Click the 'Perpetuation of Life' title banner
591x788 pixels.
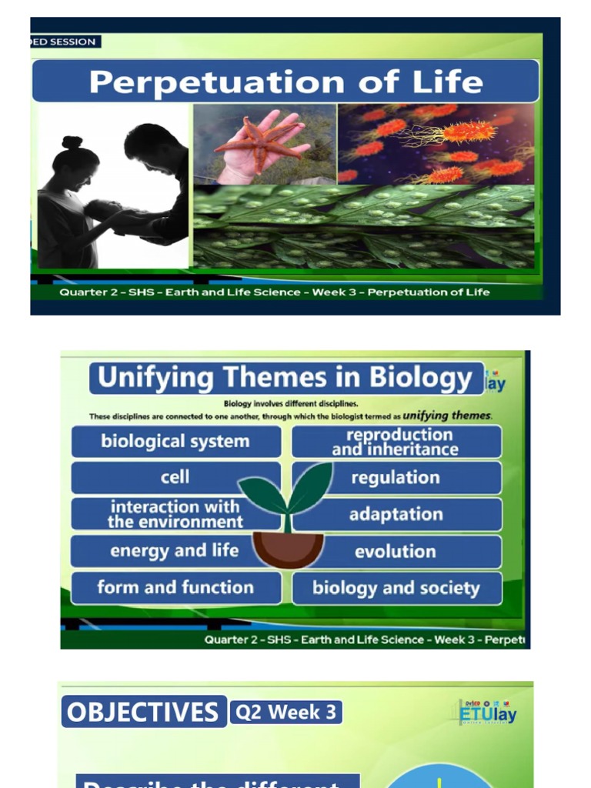[x=285, y=82]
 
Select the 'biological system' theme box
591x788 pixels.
[x=175, y=442]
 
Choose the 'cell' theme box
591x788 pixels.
[x=175, y=477]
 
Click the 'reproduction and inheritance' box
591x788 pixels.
[x=396, y=442]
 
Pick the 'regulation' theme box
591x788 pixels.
[x=396, y=478]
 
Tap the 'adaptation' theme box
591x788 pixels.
[x=396, y=514]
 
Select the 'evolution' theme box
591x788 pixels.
[x=396, y=551]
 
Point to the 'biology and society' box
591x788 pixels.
[x=396, y=589]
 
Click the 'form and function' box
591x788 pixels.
[x=175, y=588]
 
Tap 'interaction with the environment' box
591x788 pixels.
[x=175, y=514]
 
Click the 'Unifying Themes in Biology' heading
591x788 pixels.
[x=285, y=378]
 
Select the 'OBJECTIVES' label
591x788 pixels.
[x=143, y=712]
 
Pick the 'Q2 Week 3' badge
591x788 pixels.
[x=285, y=713]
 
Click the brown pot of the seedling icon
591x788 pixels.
[x=288, y=548]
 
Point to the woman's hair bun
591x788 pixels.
[x=72, y=142]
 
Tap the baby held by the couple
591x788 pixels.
[x=104, y=209]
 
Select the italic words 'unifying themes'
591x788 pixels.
[x=446, y=416]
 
